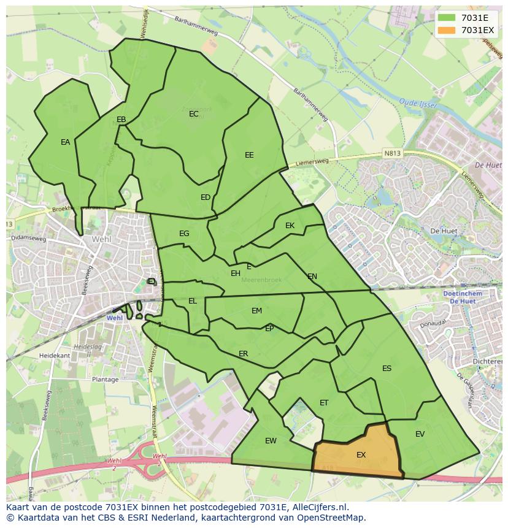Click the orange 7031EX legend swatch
click(x=448, y=30)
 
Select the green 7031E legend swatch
click(x=448, y=18)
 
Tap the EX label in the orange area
click(x=361, y=455)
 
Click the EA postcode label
click(x=65, y=142)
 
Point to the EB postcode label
click(x=121, y=120)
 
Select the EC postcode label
click(x=194, y=114)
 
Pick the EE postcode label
click(x=249, y=155)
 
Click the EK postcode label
click(x=290, y=226)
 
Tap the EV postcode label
click(x=420, y=434)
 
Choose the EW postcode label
click(x=271, y=441)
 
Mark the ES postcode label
click(x=387, y=369)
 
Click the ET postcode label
click(x=324, y=403)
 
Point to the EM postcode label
click(x=256, y=311)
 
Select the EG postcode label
click(x=184, y=234)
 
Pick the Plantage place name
click(x=105, y=380)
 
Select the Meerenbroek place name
click(x=261, y=280)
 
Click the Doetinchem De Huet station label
click(x=462, y=297)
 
